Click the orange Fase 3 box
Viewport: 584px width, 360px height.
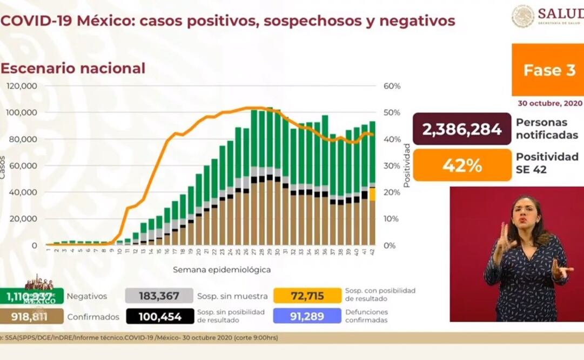548,70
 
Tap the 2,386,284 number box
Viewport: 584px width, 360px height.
462,129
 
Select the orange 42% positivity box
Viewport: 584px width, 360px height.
462,165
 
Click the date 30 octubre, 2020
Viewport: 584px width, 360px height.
550,103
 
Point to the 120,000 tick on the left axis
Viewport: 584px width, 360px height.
22,86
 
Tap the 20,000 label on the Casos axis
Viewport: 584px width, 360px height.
24,218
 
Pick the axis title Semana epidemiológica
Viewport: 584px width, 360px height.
222,269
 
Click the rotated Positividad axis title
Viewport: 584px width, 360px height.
406,165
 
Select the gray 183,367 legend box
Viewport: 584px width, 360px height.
159,296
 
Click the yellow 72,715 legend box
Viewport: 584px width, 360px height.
307,296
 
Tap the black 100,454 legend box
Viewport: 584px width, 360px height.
160,316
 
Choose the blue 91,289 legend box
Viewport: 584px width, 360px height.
307,316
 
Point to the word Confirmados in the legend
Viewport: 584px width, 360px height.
93,317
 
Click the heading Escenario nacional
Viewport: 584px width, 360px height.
73,68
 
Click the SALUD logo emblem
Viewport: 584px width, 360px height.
522,16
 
